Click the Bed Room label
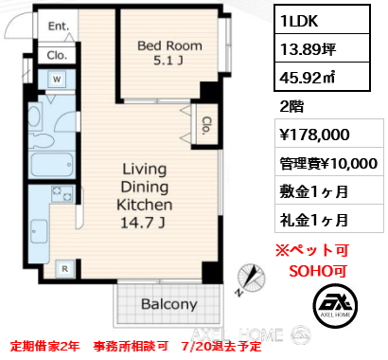169,45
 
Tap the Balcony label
169,304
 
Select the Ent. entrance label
59,27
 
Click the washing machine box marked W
57,79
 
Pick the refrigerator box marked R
64,269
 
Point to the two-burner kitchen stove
62,194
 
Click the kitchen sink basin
40,231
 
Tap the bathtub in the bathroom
52,165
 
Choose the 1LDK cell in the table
322,20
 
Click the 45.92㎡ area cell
322,77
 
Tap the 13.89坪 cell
322,48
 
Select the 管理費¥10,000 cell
328,163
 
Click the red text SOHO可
318,271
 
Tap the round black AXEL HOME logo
336,306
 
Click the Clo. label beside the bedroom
205,126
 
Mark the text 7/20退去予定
221,347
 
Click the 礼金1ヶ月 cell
328,220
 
